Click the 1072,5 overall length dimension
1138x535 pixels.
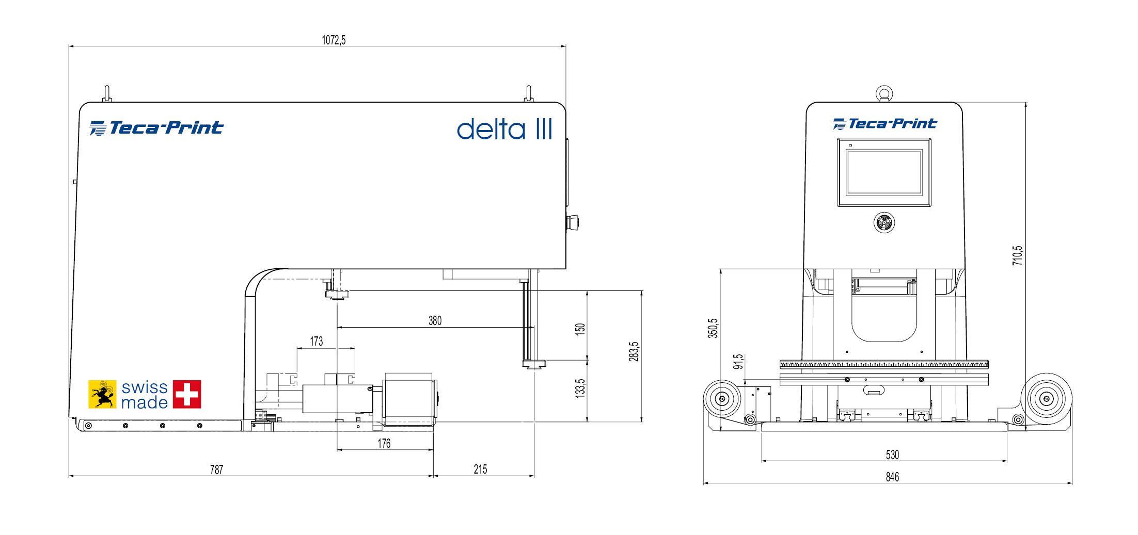[334, 40]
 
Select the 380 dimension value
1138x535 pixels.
[435, 321]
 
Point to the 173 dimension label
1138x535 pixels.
[317, 342]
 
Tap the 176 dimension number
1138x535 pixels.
[384, 444]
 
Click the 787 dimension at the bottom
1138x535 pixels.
[216, 469]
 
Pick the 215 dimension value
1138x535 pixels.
[480, 469]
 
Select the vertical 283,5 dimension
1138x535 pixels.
[634, 351]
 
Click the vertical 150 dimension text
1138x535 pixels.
[580, 329]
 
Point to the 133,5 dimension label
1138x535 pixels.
[580, 388]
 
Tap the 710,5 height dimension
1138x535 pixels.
[1017, 255]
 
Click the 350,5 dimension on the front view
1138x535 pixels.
[713, 328]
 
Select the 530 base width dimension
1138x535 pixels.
[892, 455]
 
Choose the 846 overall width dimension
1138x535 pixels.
[892, 477]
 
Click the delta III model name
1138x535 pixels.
[504, 129]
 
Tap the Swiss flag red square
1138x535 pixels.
[187, 395]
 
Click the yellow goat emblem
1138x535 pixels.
[103, 395]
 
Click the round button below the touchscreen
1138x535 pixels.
[884, 223]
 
